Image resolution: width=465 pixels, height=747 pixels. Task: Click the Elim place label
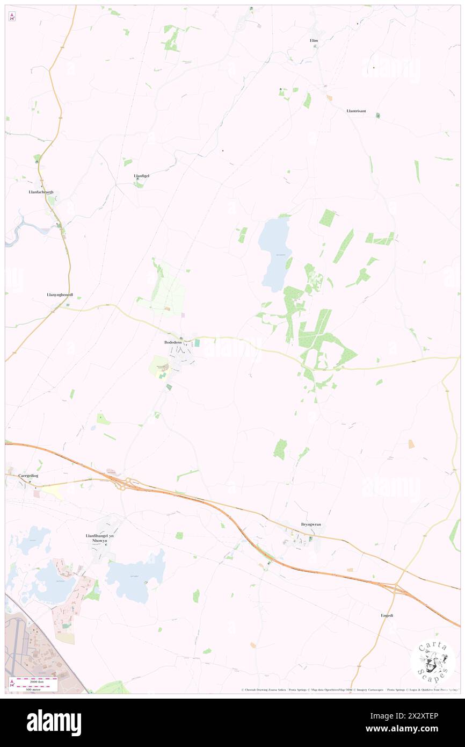tap(314, 40)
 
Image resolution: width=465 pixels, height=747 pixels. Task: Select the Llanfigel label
tap(141, 176)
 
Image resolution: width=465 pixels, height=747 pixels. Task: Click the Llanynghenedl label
tap(60, 295)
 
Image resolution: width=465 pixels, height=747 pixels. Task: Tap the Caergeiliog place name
tap(21, 476)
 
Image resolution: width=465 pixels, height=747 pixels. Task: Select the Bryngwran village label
tap(311, 524)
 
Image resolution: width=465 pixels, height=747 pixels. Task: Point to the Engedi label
tap(387, 615)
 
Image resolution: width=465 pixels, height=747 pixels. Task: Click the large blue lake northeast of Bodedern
tap(275, 253)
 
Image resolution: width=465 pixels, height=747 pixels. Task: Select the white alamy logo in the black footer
tap(54, 723)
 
